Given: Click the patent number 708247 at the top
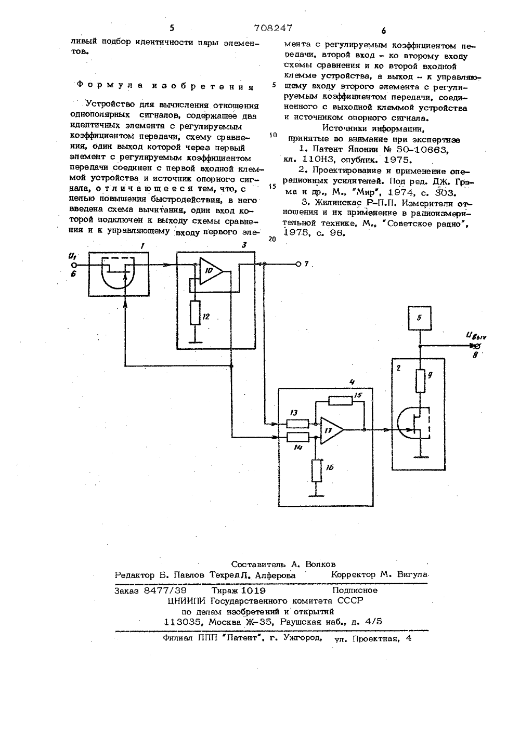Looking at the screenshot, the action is click(x=273, y=28).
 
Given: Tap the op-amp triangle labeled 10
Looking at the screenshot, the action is click(x=211, y=271).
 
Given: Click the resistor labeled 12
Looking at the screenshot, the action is click(x=195, y=313).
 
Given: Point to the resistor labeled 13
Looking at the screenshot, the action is click(x=297, y=424).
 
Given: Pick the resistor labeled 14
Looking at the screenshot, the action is click(x=297, y=437).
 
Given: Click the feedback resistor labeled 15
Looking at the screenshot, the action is click(x=340, y=400).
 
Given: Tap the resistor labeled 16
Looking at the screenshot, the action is click(x=317, y=470).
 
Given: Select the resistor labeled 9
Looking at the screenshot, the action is click(x=420, y=380).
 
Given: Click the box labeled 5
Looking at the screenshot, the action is click(x=420, y=318).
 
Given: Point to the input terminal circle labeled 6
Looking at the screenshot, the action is click(x=74, y=265).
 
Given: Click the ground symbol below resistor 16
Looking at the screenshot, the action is click(x=317, y=496).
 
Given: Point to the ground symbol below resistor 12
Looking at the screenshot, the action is click(x=195, y=342).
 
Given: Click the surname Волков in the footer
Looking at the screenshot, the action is click(x=320, y=564).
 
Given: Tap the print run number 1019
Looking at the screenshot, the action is click(x=253, y=590).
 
